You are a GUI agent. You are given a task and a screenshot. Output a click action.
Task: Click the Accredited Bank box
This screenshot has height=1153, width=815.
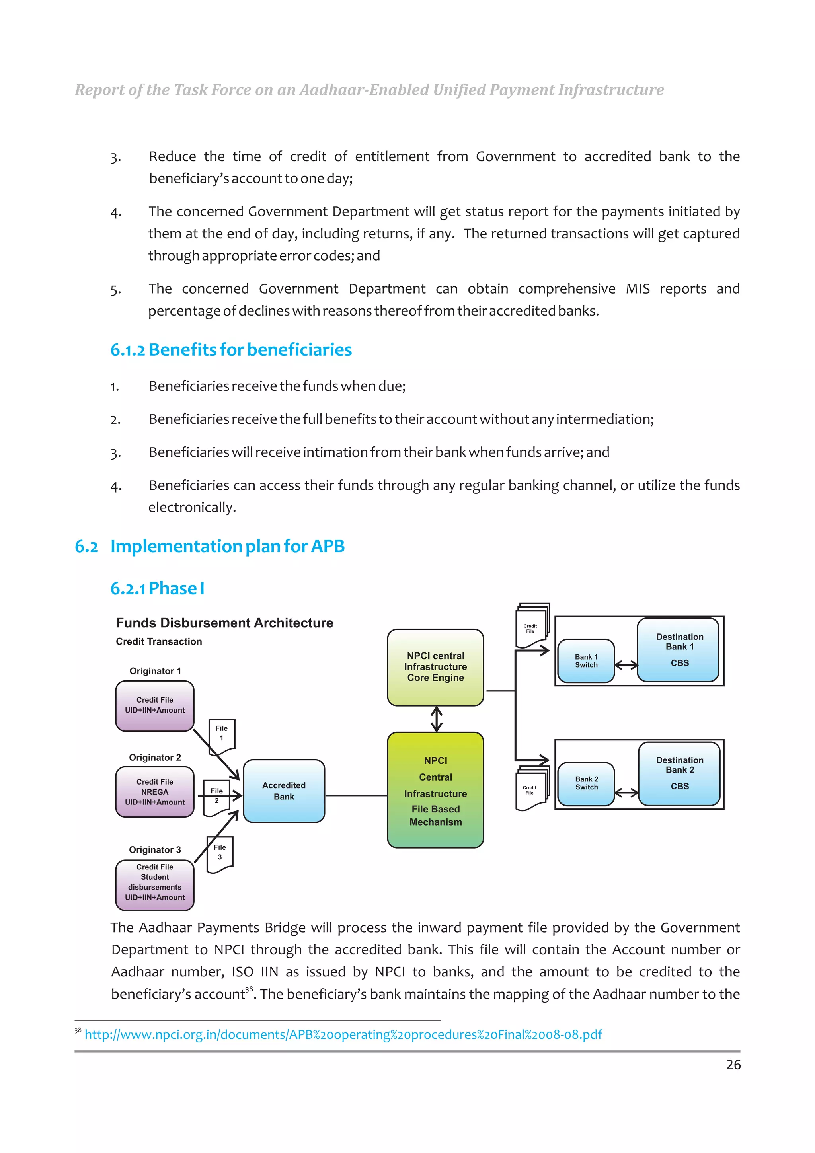click(284, 791)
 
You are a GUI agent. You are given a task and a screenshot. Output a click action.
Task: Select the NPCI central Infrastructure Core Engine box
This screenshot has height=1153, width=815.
click(435, 667)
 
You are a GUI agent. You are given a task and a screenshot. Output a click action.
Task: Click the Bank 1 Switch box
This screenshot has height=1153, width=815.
click(586, 661)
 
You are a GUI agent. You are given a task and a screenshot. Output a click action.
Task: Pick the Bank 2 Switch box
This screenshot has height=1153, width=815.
click(586, 783)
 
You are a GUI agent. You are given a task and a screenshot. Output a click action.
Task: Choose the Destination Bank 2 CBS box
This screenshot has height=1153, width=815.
click(679, 773)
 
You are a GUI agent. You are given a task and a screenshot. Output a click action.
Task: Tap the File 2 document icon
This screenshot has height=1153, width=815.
click(216, 797)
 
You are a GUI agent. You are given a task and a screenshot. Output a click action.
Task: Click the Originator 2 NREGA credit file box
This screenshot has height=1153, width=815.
click(155, 792)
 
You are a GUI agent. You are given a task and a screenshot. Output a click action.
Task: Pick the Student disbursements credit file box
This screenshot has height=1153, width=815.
click(155, 884)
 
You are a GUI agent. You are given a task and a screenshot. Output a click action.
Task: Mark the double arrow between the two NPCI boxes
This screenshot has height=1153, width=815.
click(437, 719)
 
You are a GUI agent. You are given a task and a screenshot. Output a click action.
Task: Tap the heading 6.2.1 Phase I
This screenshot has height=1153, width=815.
click(157, 588)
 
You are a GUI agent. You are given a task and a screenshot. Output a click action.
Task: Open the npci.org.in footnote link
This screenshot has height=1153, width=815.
click(343, 1034)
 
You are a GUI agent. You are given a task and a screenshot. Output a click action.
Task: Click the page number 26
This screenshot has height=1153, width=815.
click(733, 1065)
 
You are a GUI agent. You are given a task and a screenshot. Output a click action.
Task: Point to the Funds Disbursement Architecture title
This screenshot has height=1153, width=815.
click(224, 623)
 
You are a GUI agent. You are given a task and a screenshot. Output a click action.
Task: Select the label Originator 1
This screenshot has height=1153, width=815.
click(155, 671)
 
